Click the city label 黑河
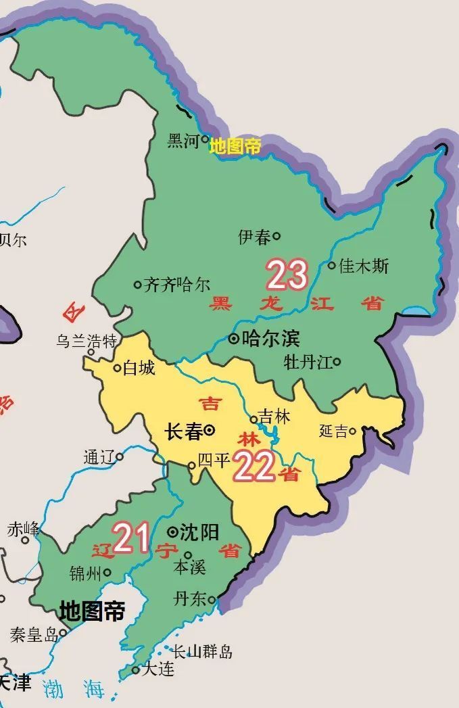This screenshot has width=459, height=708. click(183, 141)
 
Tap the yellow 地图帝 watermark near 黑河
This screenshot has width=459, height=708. click(235, 146)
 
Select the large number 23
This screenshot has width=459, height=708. click(287, 275)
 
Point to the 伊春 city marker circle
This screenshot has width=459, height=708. click(276, 236)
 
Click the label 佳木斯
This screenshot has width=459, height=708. click(364, 266)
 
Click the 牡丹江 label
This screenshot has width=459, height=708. click(308, 362)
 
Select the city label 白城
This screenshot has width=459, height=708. click(139, 368)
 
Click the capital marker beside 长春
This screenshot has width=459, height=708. click(210, 429)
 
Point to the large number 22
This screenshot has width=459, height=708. click(254, 467)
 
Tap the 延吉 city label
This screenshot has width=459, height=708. click(333, 431)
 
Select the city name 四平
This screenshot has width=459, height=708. click(215, 461)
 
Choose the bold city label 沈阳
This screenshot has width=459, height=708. click(200, 532)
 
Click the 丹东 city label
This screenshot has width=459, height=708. click(190, 599)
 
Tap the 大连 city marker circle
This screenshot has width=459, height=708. click(136, 670)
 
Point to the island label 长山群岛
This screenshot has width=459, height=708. click(203, 652)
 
